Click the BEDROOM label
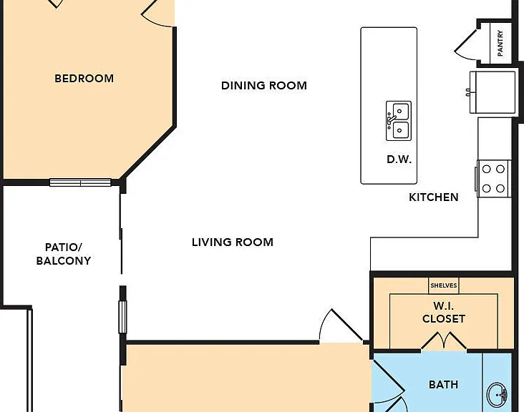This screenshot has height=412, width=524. tap(84, 79)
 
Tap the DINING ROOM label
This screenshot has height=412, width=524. tap(264, 85)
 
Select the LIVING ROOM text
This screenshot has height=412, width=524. tap(233, 242)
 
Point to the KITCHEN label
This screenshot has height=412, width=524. tap(433, 197)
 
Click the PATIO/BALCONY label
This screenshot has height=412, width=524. tap(64, 254)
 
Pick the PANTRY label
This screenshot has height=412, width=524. tap(500, 43)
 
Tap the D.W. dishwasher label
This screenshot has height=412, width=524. tap(399, 160)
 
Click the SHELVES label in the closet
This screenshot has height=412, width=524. tap(443, 285)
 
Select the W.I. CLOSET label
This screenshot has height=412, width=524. tap(443, 312)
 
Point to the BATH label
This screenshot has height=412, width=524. tap(443, 385)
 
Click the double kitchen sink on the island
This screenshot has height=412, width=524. tap(399, 121)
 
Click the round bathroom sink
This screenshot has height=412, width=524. tap(498, 394)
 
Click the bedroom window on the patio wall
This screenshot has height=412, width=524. tap(80, 182)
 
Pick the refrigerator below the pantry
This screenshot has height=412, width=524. tap(493, 92)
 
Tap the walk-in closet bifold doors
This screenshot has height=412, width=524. tap(444, 340)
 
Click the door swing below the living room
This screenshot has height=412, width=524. tap(341, 325)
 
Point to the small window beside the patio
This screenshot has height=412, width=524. tap(122, 317)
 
